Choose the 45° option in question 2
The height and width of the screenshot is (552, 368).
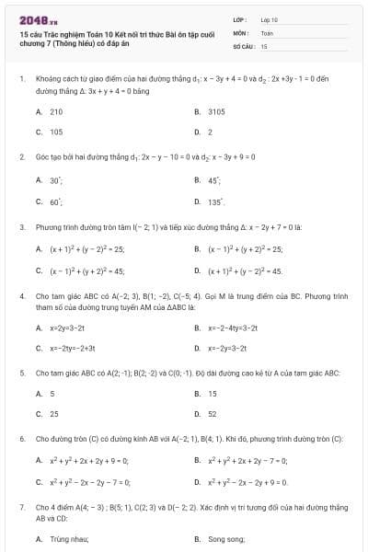213,181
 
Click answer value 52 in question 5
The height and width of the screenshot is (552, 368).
213,414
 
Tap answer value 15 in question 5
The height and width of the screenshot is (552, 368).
213,393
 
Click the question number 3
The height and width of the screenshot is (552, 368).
22,226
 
